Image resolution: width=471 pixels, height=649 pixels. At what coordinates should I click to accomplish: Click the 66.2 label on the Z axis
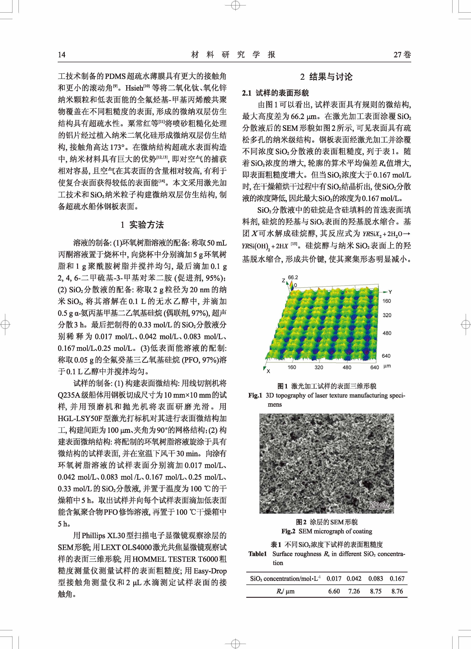[x=293, y=277]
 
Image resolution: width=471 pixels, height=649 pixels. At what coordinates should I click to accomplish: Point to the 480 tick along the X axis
[x=347, y=367]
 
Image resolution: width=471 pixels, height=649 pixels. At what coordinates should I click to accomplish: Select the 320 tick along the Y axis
[x=387, y=315]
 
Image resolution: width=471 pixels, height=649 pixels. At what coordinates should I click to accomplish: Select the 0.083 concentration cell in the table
[x=376, y=579]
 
